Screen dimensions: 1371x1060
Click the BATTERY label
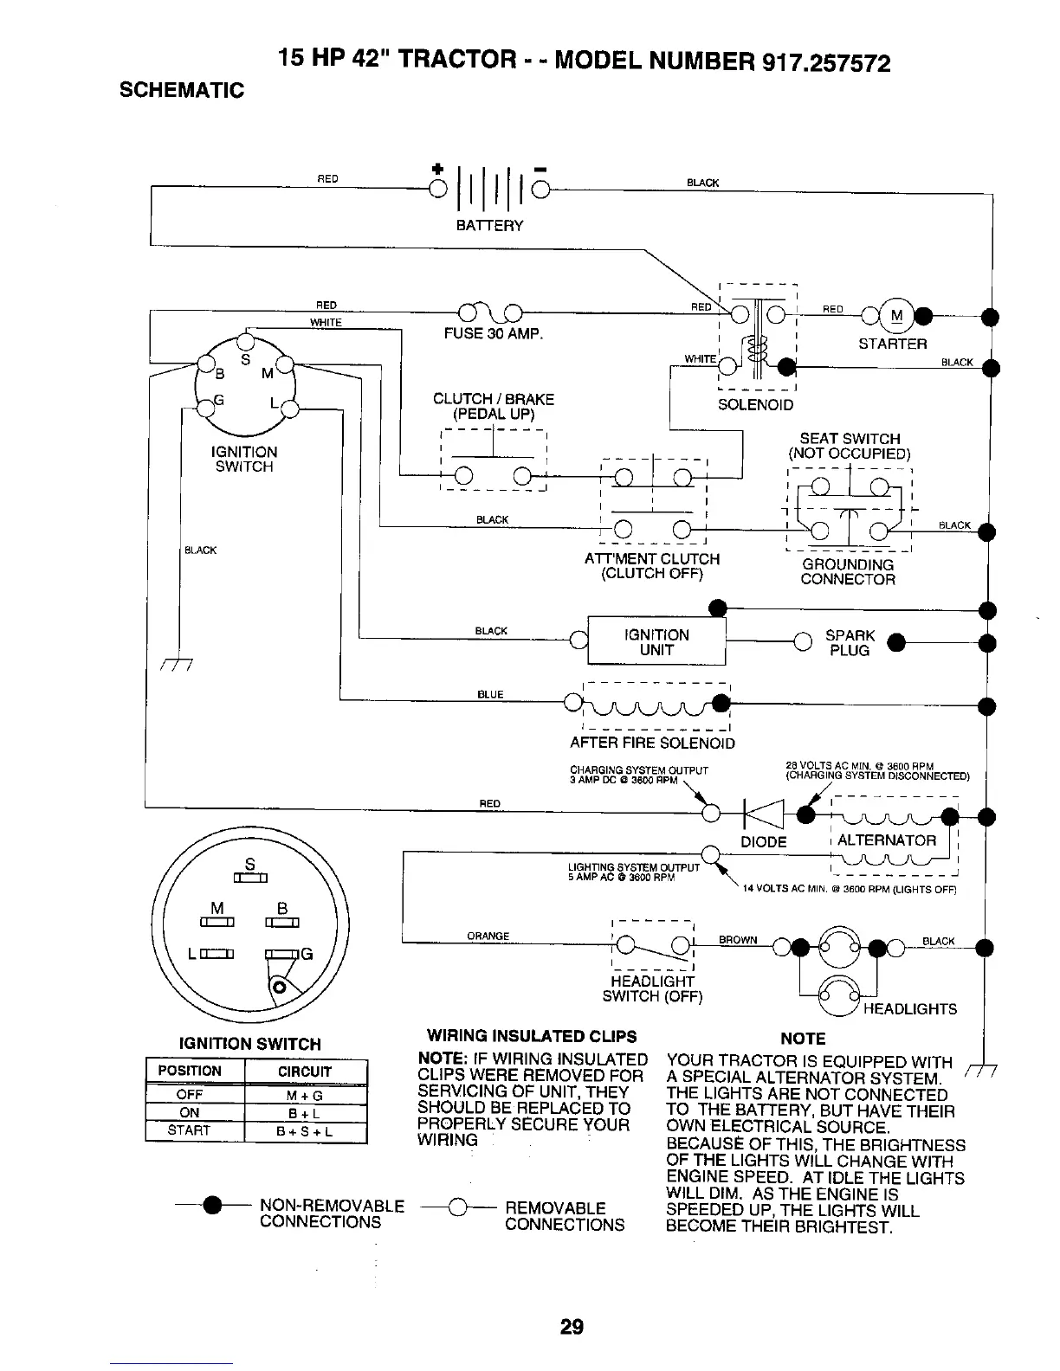pyautogui.click(x=489, y=226)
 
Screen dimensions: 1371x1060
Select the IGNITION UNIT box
pyautogui.click(x=656, y=641)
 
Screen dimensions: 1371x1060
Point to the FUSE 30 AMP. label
pyautogui.click(x=493, y=334)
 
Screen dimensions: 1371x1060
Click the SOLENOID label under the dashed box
pyautogui.click(x=755, y=405)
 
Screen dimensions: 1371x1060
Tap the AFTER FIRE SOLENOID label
pyautogui.click(x=652, y=743)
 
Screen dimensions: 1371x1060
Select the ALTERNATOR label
pyautogui.click(x=887, y=840)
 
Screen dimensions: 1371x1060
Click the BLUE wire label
pyautogui.click(x=490, y=694)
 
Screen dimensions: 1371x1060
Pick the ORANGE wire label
pyautogui.click(x=488, y=936)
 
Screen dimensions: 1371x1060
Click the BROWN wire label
pyautogui.click(x=738, y=940)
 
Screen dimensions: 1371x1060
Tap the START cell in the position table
pyautogui.click(x=189, y=1130)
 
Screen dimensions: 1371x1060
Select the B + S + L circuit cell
pyautogui.click(x=305, y=1131)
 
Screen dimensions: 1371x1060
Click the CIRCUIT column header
pyautogui.click(x=305, y=1072)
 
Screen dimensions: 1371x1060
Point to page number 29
pyautogui.click(x=572, y=1326)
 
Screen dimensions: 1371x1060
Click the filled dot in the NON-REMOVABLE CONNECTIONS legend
pyautogui.click(x=210, y=1205)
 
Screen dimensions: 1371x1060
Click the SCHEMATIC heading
pyautogui.click(x=182, y=90)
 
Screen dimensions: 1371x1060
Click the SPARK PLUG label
pyautogui.click(x=850, y=642)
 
